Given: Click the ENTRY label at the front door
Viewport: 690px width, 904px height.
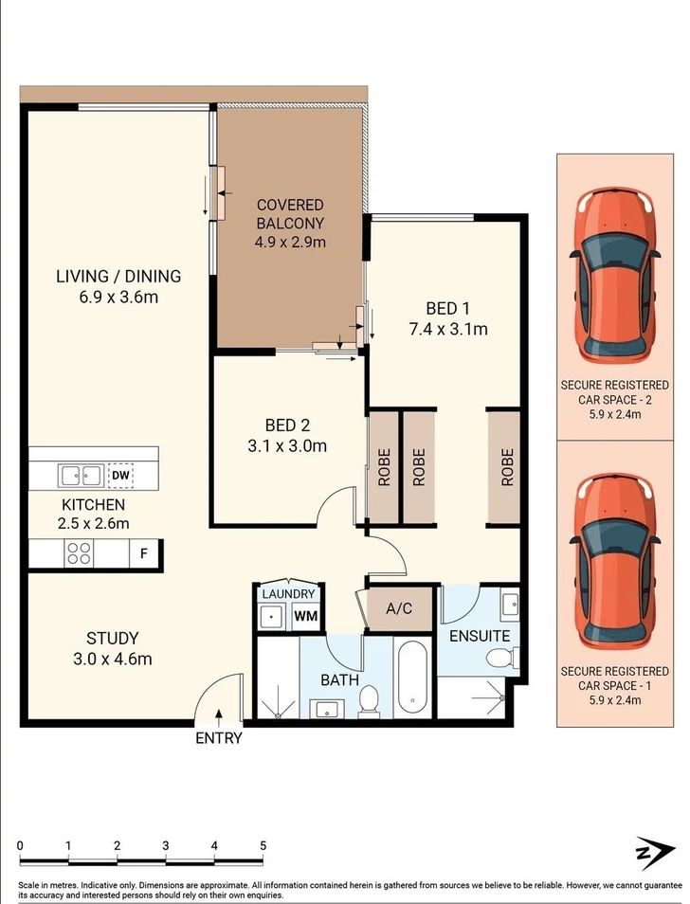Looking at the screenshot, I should click(219, 738).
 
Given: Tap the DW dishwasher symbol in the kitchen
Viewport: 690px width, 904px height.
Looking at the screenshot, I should click(119, 475).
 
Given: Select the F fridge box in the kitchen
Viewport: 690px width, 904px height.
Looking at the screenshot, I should click(144, 553).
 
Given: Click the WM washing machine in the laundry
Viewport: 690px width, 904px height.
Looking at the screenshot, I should click(305, 616).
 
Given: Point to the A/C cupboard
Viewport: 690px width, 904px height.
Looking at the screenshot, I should click(400, 607).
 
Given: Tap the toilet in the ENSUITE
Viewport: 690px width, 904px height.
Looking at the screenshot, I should click(498, 658).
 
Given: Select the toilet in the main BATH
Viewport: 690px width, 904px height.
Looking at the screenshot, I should click(369, 700).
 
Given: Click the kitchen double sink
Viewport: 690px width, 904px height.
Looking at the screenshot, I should click(81, 474).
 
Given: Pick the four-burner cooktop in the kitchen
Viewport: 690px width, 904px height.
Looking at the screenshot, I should click(78, 553).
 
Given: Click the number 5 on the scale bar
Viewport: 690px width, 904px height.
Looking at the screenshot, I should click(263, 845).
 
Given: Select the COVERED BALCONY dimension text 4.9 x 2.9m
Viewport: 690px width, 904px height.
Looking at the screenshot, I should click(290, 242).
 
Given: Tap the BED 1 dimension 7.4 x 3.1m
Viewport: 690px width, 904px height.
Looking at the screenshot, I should click(447, 330).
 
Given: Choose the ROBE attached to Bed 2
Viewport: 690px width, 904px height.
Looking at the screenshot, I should click(384, 466).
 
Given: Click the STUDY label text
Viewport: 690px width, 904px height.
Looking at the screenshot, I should click(113, 638).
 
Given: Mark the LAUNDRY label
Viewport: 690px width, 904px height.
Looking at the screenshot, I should click(288, 594).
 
